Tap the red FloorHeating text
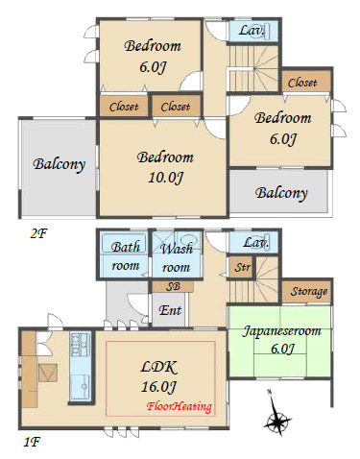coord(179,406)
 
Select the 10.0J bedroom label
coord(165,167)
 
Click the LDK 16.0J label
coord(159,376)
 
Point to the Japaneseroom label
coord(281,330)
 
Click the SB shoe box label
coord(173,286)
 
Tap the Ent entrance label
coord(170,310)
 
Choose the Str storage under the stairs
coord(242,267)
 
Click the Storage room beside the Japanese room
coord(309,291)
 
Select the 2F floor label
coord(38,233)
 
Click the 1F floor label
coord(32,442)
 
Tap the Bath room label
coord(125,256)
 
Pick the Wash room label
coord(177,257)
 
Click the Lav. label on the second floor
coord(252,31)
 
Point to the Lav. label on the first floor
coord(255,242)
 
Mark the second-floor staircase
coord(252,68)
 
